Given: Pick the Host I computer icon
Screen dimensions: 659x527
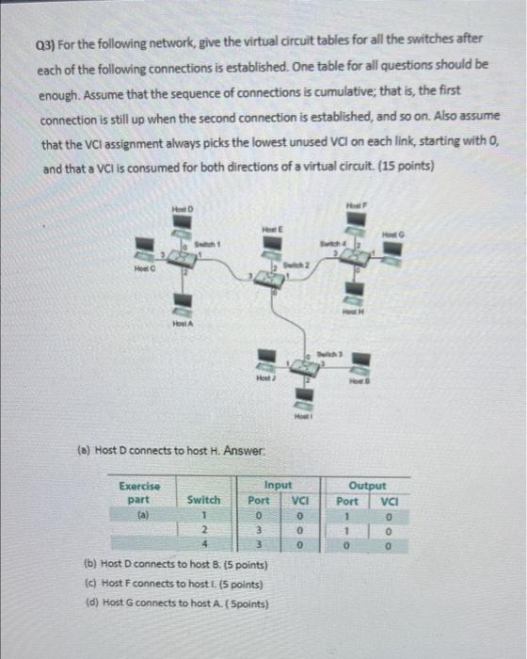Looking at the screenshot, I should tap(304, 395).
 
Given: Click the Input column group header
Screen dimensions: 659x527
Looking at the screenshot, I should tap(279, 485).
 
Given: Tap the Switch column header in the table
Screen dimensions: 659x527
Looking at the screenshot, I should tap(204, 500).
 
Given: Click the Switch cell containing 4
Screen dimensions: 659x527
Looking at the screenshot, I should tap(204, 545).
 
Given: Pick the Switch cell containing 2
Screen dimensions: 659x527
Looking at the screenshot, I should tap(204, 530).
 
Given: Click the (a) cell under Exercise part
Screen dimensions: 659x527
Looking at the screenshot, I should tap(141, 515).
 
